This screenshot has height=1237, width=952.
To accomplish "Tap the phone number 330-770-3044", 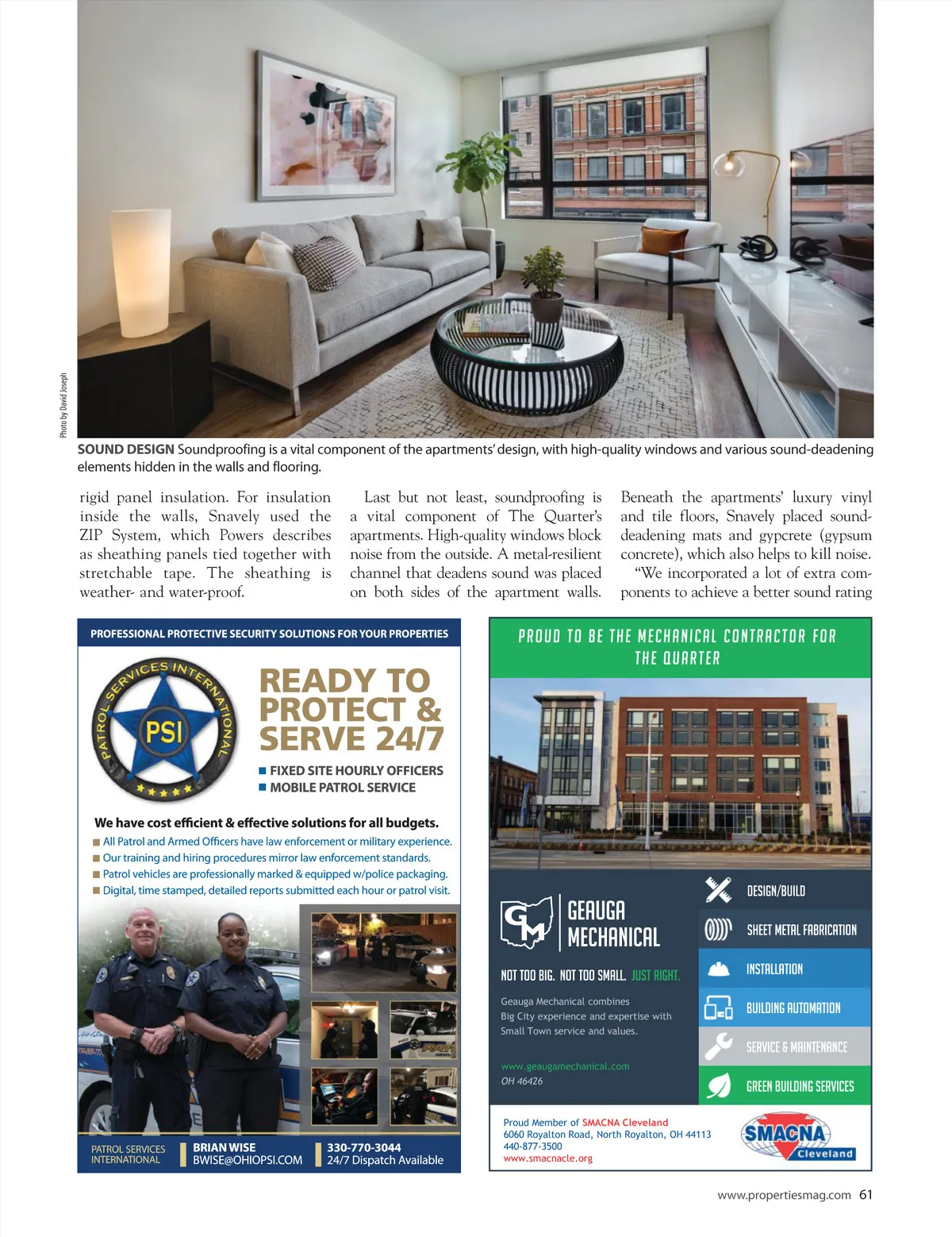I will point(364,1147).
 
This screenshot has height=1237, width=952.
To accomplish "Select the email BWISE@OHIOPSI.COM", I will point(248,1160).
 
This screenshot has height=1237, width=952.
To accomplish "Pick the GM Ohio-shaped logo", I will point(527,922).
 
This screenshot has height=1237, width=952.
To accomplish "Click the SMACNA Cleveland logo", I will point(797,1137).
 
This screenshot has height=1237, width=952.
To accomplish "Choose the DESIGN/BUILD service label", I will point(776,891).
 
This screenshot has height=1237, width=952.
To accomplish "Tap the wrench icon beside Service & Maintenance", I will point(718,1046).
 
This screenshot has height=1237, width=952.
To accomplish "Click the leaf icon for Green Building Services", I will point(718,1085).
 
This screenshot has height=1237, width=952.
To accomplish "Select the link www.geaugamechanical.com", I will point(565,1066).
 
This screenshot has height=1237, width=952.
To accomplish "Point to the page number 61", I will point(866,1195).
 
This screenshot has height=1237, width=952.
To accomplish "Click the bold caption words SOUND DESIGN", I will point(125,449).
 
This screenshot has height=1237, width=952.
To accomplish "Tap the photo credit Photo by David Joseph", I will point(63,405).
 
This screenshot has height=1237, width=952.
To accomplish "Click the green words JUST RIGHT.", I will point(655,975).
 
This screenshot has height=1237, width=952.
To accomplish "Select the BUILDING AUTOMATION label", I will point(793,1008).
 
